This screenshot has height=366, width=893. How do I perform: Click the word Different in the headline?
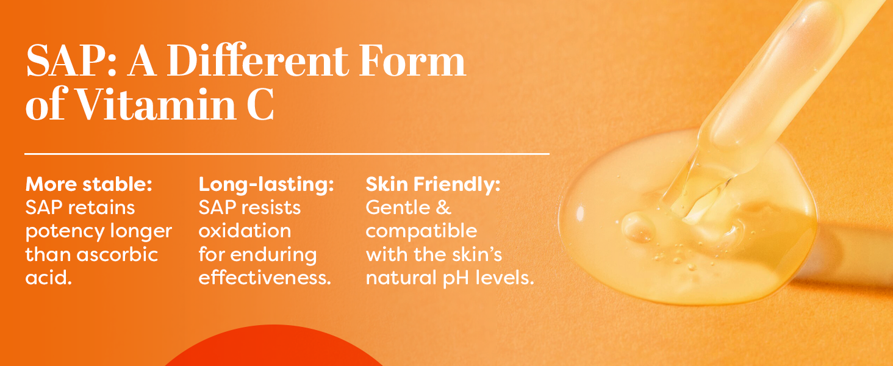pyautogui.click(x=257, y=61)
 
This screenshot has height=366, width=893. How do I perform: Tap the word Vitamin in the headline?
pyautogui.click(x=156, y=104)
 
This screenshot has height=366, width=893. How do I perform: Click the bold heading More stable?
pyautogui.click(x=89, y=184)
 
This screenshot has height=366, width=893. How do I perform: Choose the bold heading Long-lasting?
pyautogui.click(x=266, y=185)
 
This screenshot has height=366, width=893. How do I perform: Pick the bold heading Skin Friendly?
pyautogui.click(x=433, y=185)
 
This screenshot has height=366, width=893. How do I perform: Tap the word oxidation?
pyautogui.click(x=245, y=231)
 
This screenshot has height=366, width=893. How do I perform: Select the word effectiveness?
pyautogui.click(x=265, y=278)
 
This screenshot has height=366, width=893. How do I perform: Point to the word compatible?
pyautogui.click(x=421, y=232)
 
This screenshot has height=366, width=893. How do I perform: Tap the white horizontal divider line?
pyautogui.click(x=287, y=154)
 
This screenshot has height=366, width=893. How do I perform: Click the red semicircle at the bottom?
pyautogui.click(x=274, y=345)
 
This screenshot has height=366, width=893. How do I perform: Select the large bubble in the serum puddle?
pyautogui.click(x=638, y=228)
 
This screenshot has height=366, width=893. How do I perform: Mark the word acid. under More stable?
pyautogui.click(x=49, y=278)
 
